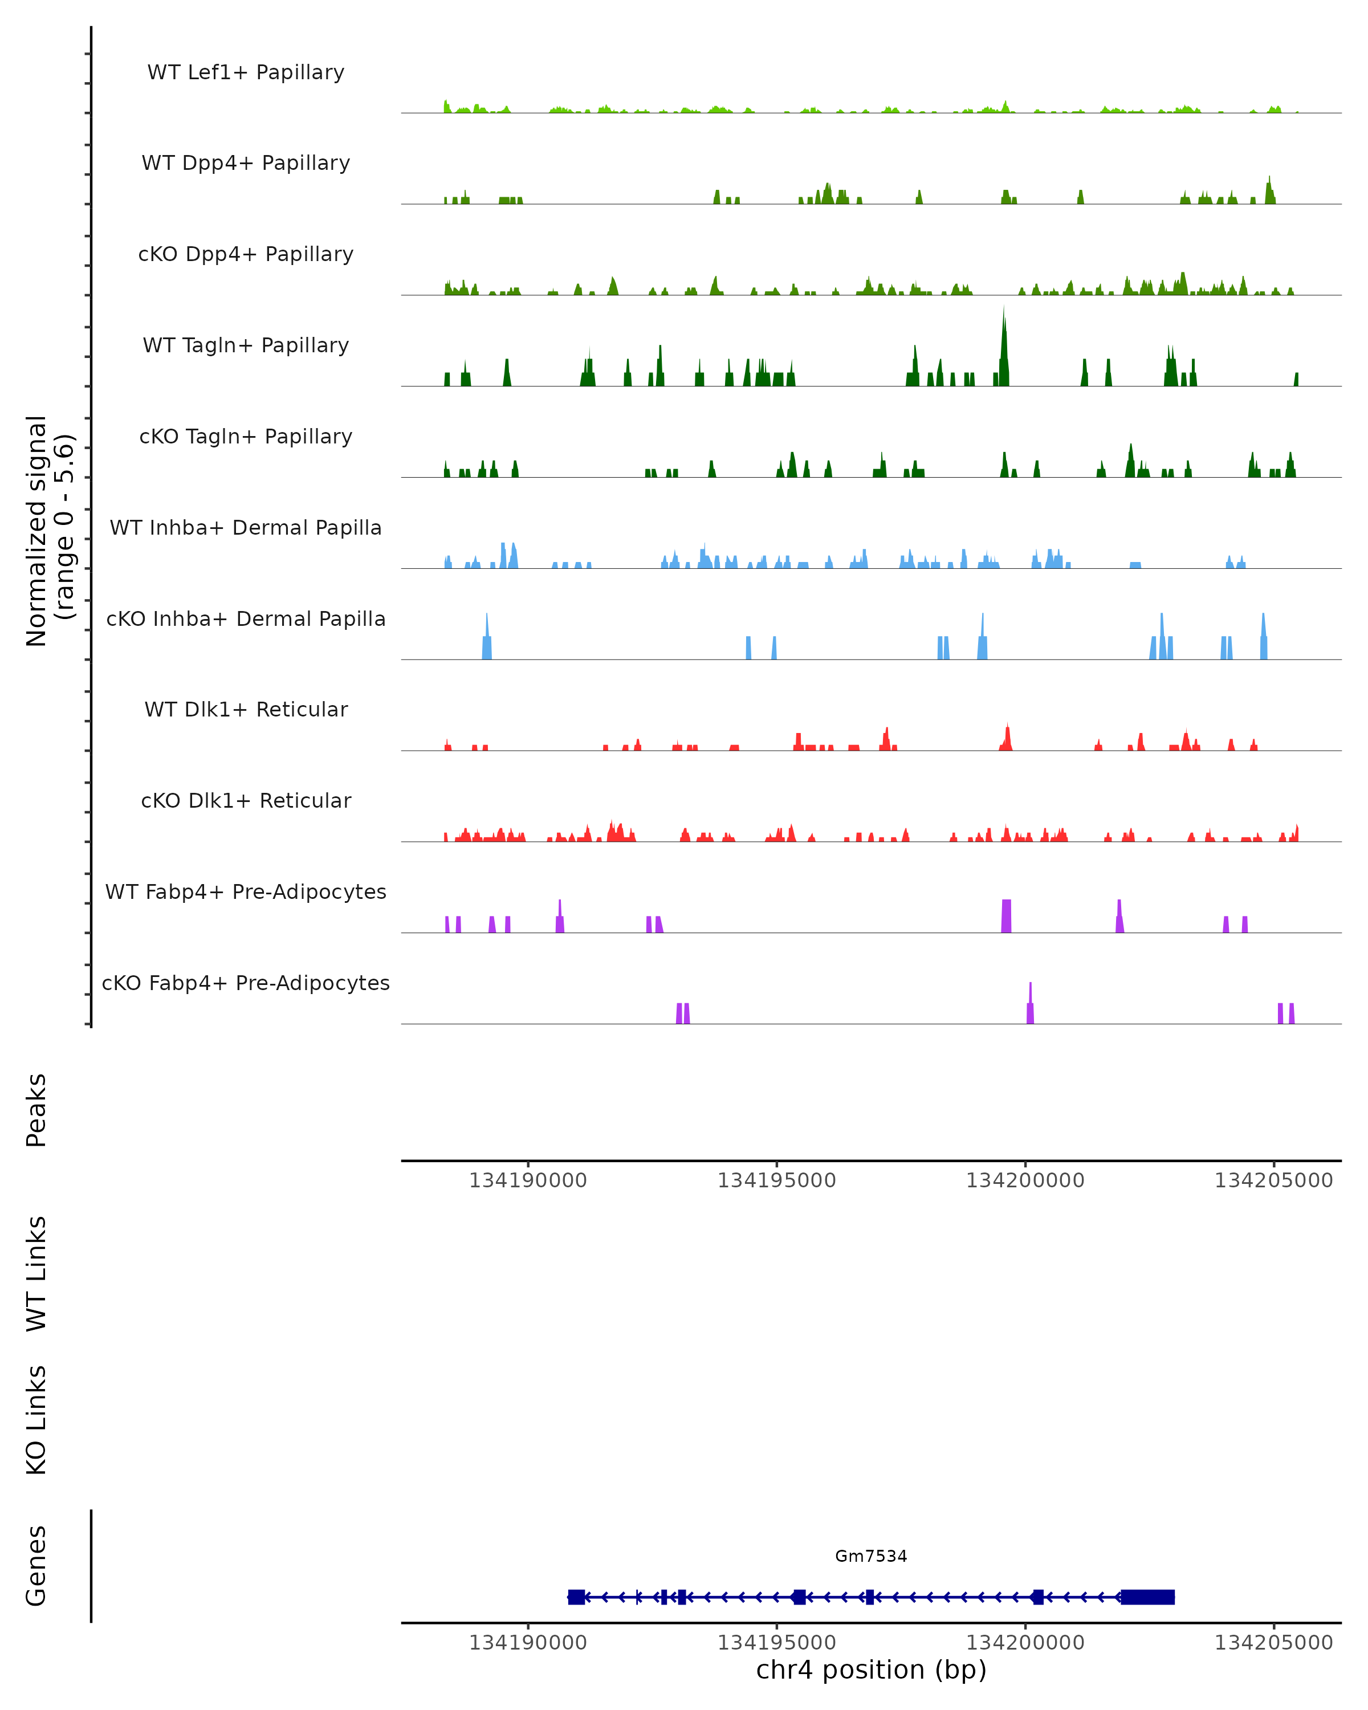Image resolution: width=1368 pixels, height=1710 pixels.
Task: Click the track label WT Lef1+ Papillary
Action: click(246, 72)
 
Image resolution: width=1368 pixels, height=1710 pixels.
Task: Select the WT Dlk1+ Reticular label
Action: click(246, 709)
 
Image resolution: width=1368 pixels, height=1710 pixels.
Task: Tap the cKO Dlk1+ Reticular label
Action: click(246, 800)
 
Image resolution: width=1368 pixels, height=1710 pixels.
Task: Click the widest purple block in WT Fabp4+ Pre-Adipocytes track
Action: click(1007, 916)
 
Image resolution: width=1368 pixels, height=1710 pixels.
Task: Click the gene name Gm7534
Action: click(871, 1556)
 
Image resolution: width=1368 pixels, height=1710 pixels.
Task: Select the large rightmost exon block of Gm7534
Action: click(1147, 1597)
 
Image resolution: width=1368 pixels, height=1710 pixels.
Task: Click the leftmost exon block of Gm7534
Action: click(576, 1597)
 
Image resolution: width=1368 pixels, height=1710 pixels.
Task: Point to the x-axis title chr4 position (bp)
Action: click(871, 1670)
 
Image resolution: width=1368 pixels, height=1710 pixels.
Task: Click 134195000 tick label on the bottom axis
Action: click(776, 1643)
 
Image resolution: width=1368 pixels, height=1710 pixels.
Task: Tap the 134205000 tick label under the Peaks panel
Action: click(1273, 1180)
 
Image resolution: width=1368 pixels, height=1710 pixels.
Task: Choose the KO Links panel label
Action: click(36, 1420)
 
